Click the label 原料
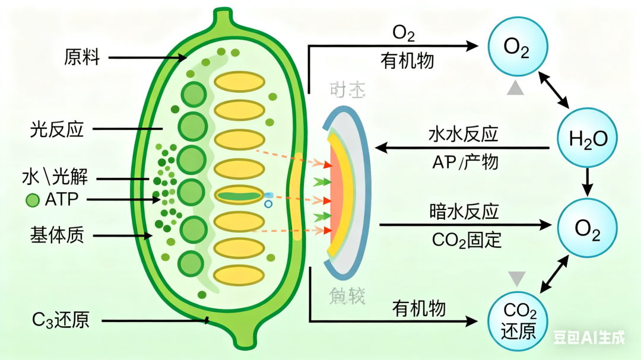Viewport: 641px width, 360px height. coord(82,58)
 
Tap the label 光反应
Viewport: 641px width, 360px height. coord(57,129)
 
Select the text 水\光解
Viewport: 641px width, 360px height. coord(59,177)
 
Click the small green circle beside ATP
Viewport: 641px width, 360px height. coord(32,200)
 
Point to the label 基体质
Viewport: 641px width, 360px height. coord(57,235)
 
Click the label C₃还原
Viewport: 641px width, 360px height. coord(61,321)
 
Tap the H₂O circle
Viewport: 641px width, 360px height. coord(588,139)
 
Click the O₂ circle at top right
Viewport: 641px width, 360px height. coord(516,47)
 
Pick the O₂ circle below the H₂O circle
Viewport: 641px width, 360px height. coord(588,230)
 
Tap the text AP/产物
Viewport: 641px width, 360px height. coord(465,162)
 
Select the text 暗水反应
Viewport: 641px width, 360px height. coord(464,212)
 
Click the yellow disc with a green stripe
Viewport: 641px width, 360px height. coord(239,195)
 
